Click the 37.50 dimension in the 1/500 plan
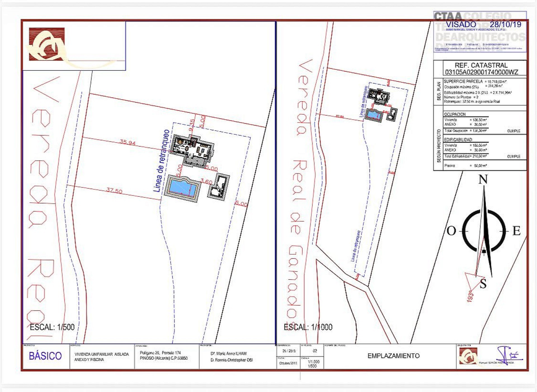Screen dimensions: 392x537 114,191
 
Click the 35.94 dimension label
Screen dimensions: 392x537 128,142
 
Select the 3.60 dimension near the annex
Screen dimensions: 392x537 206,182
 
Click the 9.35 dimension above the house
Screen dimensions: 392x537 192,125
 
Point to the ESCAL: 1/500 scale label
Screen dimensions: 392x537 52,327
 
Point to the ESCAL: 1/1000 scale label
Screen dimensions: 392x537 308,327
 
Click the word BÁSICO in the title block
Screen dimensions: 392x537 45,356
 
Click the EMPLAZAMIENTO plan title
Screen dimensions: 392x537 393,356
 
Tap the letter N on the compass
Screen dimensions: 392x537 483,179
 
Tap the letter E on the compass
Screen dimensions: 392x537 516,231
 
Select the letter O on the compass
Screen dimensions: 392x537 451,231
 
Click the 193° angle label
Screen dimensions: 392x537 470,297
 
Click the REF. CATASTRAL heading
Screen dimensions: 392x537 481,65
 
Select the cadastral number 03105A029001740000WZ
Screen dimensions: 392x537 481,72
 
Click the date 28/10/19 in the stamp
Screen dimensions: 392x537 505,24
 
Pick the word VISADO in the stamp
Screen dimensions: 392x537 461,24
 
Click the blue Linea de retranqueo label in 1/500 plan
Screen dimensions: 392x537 162,161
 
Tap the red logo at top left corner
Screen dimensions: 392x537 47,44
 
